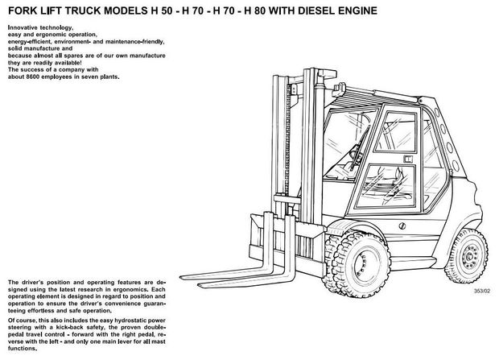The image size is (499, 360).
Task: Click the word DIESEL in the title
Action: coord(316,10)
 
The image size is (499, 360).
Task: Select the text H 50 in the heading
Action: coord(160,10)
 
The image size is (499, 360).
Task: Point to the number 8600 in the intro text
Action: coord(32,77)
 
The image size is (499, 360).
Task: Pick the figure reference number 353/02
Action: coord(482,291)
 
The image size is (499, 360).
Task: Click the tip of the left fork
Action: coord(181,277)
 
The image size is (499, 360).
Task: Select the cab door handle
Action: coord(408,159)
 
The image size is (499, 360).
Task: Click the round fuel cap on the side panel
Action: coord(402,226)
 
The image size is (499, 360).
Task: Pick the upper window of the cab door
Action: coord(396,131)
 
